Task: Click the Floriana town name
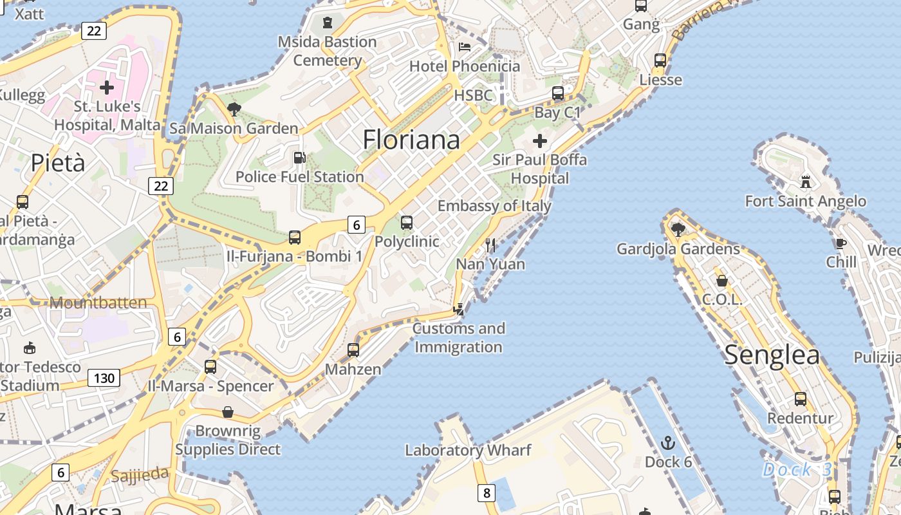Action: pos(411,140)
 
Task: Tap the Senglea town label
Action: pos(772,355)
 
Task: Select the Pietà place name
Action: pos(58,163)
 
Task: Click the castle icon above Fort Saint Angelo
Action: pos(805,181)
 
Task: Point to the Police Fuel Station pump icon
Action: pos(299,157)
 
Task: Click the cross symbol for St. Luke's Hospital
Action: pos(107,87)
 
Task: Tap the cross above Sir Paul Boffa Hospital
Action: pos(540,140)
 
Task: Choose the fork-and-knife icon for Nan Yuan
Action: pos(490,245)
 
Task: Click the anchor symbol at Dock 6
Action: pos(668,443)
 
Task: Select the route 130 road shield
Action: pos(104,378)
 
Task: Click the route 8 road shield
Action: pos(487,494)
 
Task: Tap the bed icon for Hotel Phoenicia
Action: pos(465,47)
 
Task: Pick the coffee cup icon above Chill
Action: pos(841,243)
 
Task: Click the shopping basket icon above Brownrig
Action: pos(227,411)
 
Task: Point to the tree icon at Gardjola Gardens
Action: pos(678,229)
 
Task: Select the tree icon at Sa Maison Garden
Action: pos(234,109)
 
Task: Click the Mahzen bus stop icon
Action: pos(353,350)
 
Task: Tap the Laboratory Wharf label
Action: pos(468,450)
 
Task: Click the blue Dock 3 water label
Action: pos(797,469)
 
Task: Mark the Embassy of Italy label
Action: pos(494,206)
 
